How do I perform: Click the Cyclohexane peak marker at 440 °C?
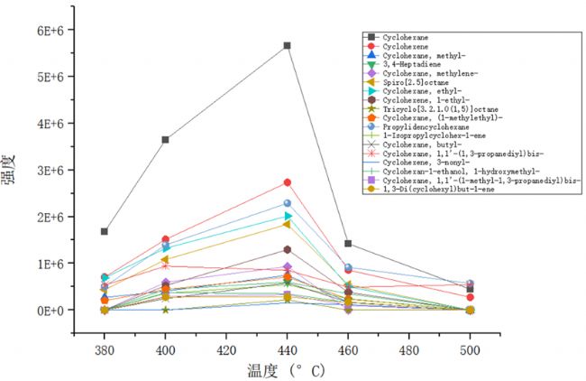[x=287, y=45]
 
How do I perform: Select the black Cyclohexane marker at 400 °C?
[x=165, y=140]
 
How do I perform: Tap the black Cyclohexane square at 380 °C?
[x=105, y=232]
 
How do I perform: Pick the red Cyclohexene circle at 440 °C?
[x=287, y=182]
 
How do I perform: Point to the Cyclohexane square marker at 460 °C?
[x=348, y=244]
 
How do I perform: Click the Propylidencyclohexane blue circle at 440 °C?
[x=287, y=203]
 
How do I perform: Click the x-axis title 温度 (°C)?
[x=287, y=370]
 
